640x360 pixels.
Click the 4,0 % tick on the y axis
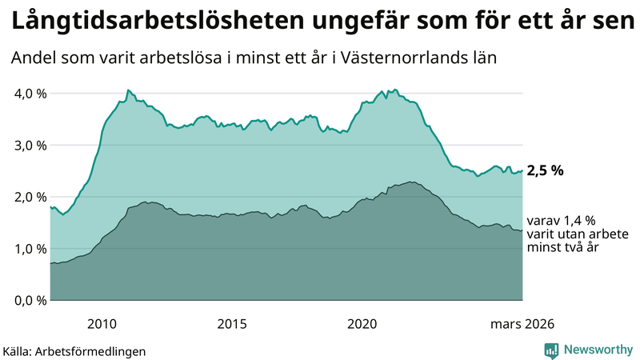(x=30, y=94)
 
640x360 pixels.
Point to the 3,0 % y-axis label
(x=30, y=146)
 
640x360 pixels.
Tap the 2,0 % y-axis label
(x=30, y=197)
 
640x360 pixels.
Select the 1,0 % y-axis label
(x=30, y=249)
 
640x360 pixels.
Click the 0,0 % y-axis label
(x=30, y=301)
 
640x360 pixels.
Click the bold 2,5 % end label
(x=546, y=170)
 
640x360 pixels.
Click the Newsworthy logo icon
(x=551, y=350)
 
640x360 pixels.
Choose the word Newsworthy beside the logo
(x=598, y=350)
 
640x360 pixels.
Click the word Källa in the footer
(x=17, y=351)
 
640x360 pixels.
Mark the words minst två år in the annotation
(x=562, y=249)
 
